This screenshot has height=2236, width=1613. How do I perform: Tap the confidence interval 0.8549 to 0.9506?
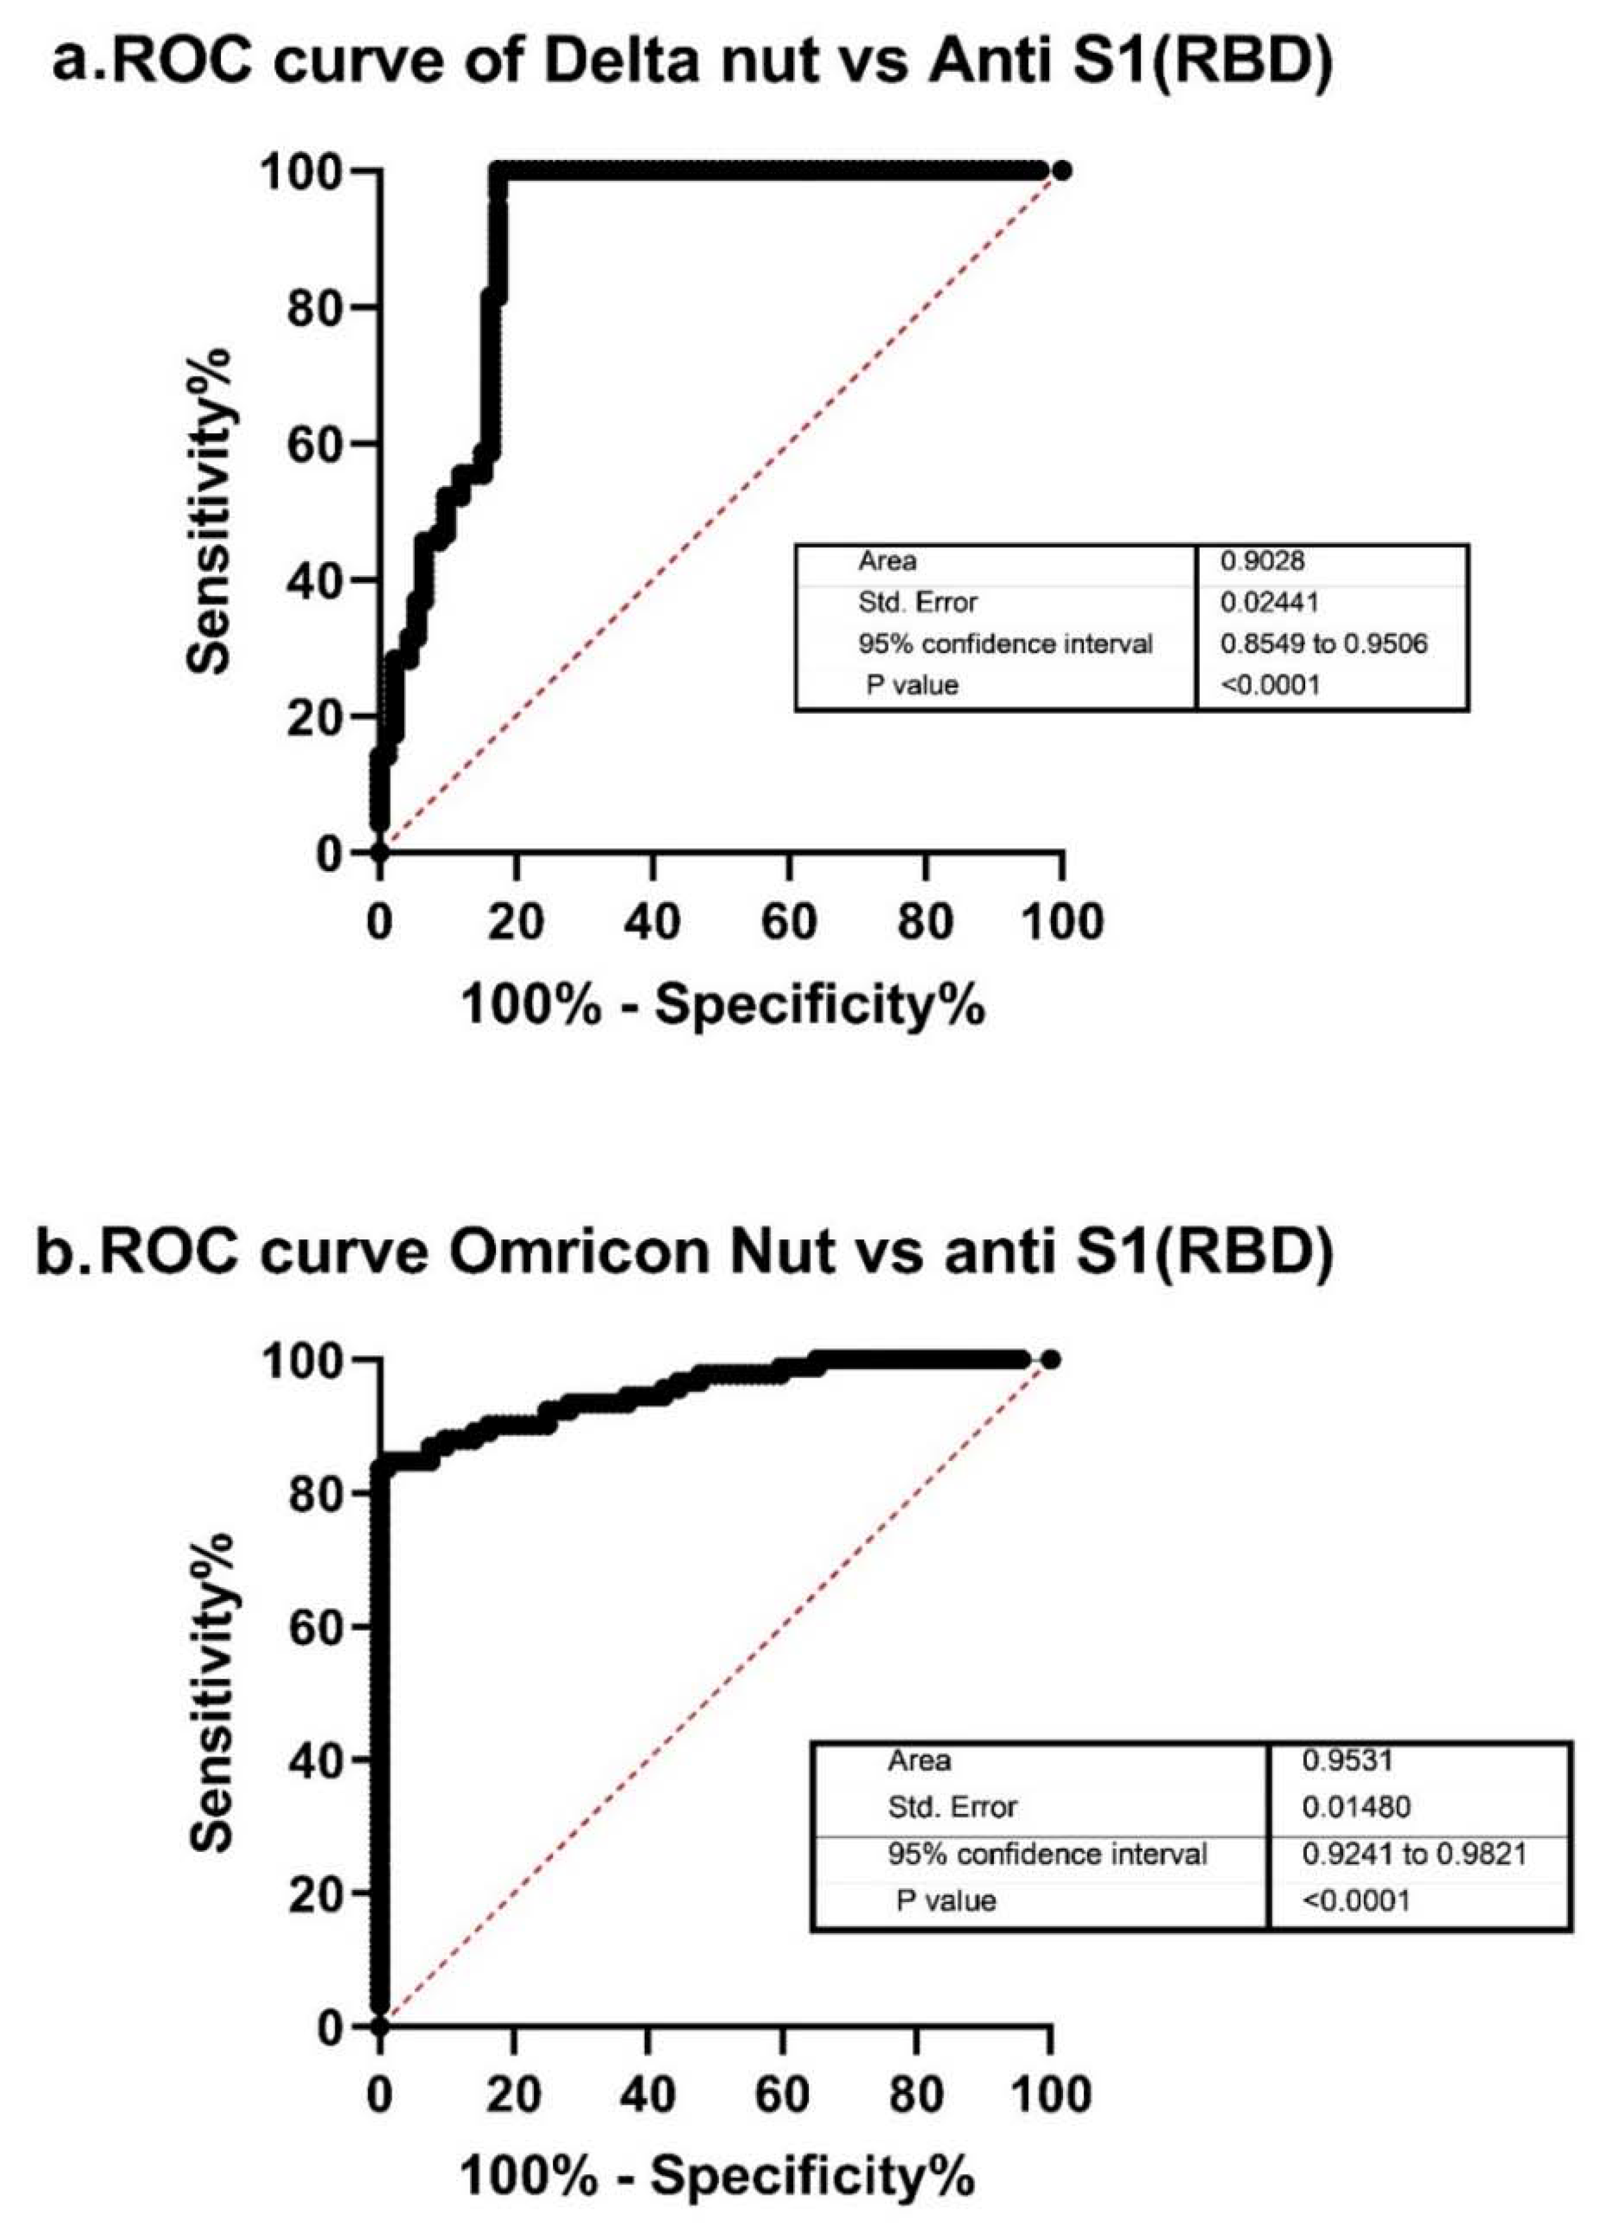click(1323, 644)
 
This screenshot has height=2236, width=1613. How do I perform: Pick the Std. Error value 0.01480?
click(1356, 1807)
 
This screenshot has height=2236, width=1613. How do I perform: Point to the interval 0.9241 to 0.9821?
click(1414, 1854)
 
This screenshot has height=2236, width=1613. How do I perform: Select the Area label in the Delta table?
click(887, 561)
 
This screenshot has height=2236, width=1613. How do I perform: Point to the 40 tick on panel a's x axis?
click(653, 922)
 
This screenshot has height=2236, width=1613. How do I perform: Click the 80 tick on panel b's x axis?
click(916, 2094)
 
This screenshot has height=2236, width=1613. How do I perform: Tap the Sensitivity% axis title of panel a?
click(210, 510)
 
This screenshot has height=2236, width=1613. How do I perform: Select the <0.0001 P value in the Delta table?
click(1270, 685)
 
